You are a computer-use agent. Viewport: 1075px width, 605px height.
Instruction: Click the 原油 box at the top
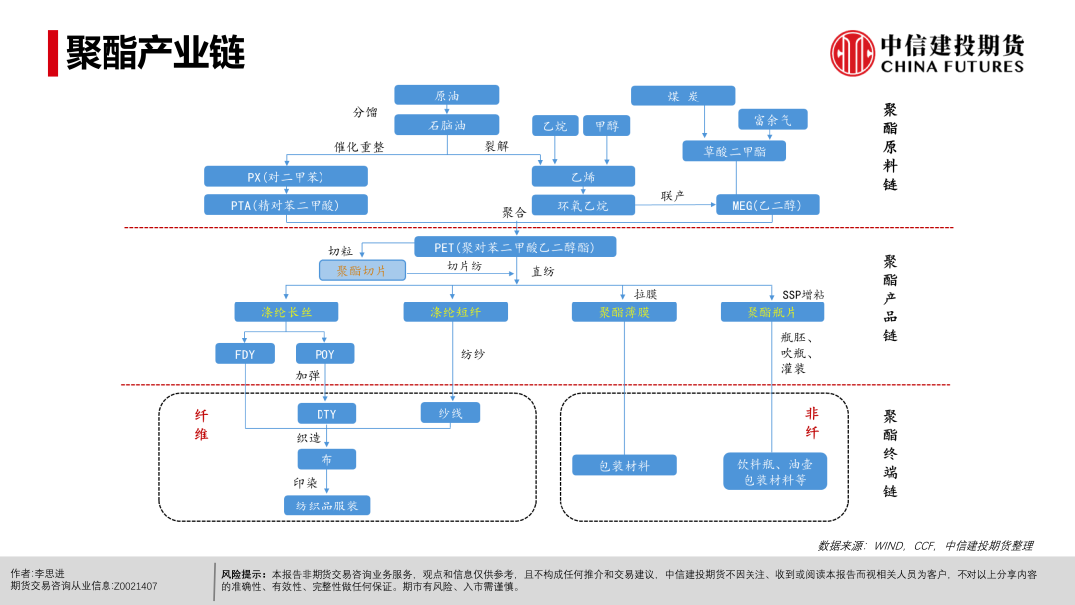click(446, 96)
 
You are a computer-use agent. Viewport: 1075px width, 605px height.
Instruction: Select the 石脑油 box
click(446, 125)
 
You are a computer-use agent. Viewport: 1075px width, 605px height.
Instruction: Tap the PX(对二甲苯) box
click(286, 177)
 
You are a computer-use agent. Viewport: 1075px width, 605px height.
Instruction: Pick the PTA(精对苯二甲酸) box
click(286, 205)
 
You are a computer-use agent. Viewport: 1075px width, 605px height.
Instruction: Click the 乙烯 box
click(582, 177)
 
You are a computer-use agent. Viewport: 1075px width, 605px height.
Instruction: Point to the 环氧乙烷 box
click(582, 205)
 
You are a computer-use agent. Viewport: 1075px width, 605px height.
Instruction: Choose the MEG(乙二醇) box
click(767, 205)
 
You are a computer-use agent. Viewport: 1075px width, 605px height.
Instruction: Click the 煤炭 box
click(683, 96)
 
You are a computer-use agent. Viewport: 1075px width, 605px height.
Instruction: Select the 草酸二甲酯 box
click(734, 151)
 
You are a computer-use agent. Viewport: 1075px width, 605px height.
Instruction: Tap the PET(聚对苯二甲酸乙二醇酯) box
click(515, 247)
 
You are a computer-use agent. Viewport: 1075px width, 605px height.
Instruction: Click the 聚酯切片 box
click(362, 270)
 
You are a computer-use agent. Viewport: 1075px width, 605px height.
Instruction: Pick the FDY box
click(245, 354)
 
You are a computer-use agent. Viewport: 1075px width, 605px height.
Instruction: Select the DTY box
click(326, 414)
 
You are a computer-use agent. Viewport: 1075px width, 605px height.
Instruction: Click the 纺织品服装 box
click(326, 505)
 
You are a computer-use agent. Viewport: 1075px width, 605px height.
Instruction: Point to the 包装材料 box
click(624, 465)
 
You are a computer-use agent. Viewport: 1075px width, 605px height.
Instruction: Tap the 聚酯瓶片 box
click(772, 312)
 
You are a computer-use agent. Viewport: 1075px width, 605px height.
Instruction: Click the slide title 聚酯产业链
click(155, 53)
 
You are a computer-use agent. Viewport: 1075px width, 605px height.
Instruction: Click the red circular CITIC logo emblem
click(852, 53)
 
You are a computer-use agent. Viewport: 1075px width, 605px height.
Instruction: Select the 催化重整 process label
click(359, 147)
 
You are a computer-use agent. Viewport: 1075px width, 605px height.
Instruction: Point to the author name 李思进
click(50, 574)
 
